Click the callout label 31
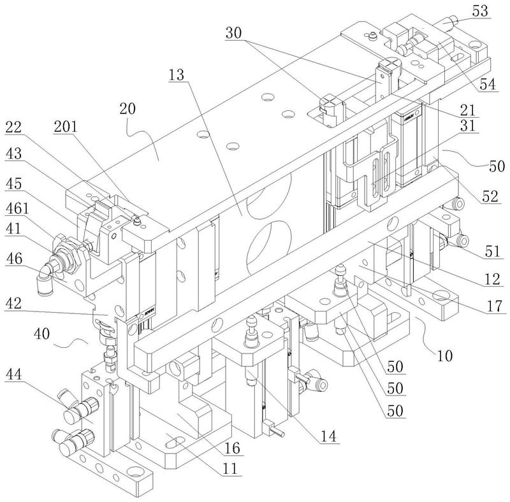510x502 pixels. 488,127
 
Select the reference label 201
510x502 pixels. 65,127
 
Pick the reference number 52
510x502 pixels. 488,197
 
